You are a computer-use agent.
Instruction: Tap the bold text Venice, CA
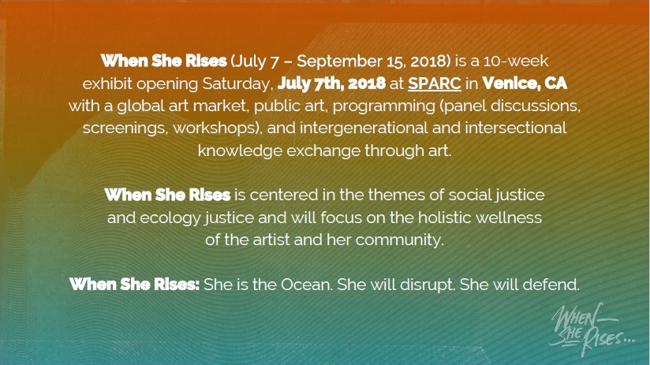[x=525, y=83]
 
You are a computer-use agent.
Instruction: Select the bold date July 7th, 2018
[x=331, y=83]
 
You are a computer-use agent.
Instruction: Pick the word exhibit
[x=109, y=83]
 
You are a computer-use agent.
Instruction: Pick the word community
[x=400, y=239]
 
